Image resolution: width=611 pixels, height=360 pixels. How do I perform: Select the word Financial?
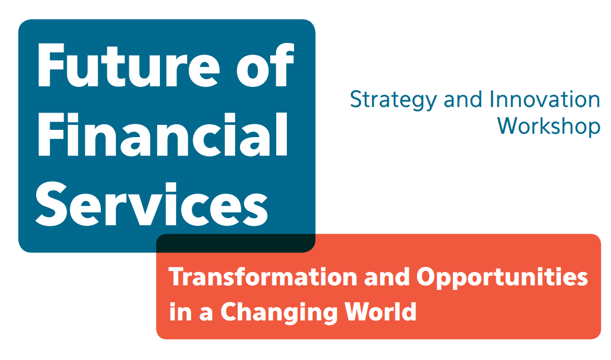coord(163,134)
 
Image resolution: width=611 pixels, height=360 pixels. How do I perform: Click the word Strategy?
coord(393,100)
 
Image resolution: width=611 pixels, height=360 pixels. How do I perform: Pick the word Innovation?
coord(545,99)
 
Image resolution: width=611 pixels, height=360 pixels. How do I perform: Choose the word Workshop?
coord(549,127)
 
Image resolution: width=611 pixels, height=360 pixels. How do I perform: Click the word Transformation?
coord(263,277)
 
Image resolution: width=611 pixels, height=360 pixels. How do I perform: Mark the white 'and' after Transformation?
coord(387,277)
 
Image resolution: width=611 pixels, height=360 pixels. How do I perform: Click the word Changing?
coord(279,313)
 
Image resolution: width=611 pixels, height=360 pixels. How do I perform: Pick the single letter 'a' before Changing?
coord(206,314)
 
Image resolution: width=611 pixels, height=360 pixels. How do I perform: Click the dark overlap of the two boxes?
coord(236,243)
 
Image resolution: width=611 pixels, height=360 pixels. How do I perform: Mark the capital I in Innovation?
coord(492,99)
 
